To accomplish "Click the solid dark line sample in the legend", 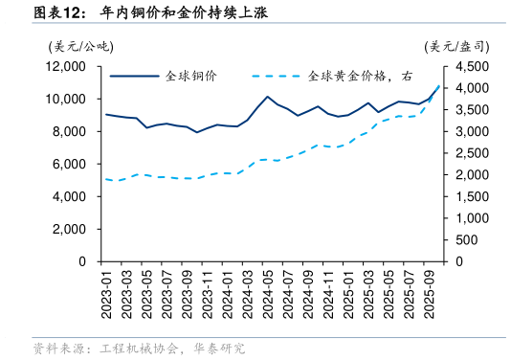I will click(133, 76).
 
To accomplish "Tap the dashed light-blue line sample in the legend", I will click(277, 76).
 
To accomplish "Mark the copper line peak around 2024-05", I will click(267, 97).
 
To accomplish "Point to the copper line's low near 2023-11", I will click(197, 132).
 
